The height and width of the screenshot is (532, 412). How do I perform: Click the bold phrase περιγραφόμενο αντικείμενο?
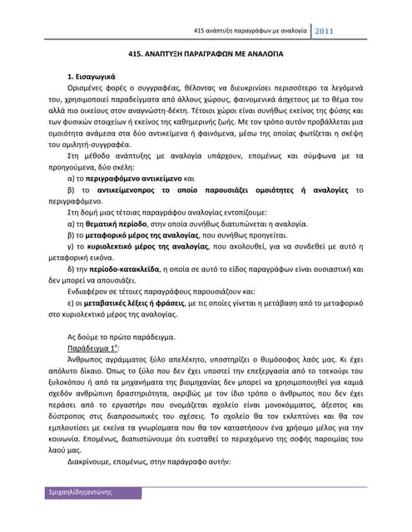tap(126, 178)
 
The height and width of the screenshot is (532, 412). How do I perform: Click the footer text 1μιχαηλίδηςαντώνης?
tap(80, 517)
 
